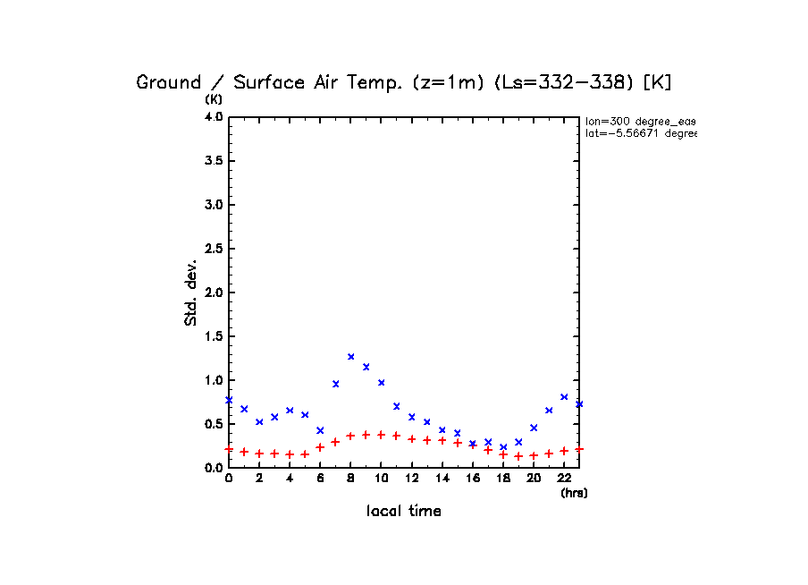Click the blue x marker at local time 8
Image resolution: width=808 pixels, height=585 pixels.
click(x=351, y=357)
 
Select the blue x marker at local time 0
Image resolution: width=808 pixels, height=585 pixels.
click(x=229, y=400)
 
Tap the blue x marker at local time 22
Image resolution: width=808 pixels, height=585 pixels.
click(x=564, y=396)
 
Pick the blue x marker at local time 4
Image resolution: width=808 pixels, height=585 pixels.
click(x=290, y=411)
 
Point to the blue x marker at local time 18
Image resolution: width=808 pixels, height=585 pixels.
click(x=503, y=447)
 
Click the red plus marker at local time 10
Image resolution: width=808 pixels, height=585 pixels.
click(x=382, y=435)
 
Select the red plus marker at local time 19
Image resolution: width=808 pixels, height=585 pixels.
click(x=518, y=456)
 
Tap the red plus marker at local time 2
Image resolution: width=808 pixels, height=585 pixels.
click(x=259, y=454)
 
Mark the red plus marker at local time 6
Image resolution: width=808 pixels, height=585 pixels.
click(x=320, y=447)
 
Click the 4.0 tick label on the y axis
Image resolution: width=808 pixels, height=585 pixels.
click(x=213, y=117)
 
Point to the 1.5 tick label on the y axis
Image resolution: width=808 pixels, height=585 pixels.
click(x=213, y=336)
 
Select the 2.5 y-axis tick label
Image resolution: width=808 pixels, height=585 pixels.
click(x=213, y=249)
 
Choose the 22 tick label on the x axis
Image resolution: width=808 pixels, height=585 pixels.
click(x=564, y=479)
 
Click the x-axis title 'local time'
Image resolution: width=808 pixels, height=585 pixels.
click(x=403, y=512)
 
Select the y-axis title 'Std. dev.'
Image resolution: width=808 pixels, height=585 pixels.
click(x=190, y=292)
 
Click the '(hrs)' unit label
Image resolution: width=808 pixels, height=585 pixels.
click(x=574, y=493)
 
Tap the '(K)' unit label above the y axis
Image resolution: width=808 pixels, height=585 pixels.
click(x=215, y=98)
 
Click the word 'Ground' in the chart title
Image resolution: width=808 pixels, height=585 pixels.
click(x=169, y=82)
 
